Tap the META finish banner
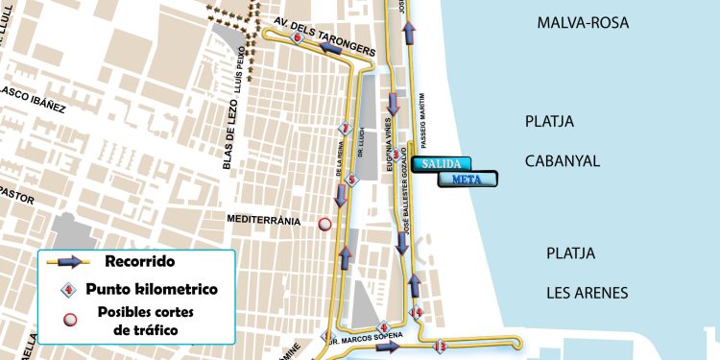467,179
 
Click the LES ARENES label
587,293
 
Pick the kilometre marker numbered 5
351,180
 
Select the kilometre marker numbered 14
417,313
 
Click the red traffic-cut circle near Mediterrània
324,224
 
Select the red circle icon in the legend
69,320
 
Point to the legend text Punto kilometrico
151,289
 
